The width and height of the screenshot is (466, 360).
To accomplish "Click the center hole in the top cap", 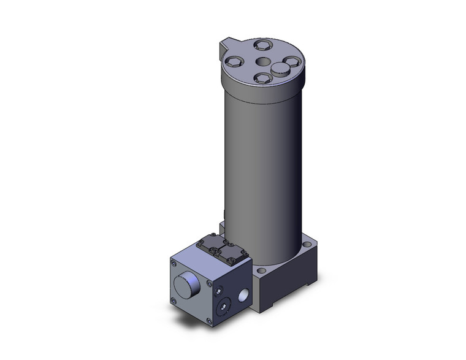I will click(x=262, y=61).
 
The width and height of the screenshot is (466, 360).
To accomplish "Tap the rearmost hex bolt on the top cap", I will click(x=262, y=44).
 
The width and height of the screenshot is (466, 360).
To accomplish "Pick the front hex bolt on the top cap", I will click(x=262, y=78).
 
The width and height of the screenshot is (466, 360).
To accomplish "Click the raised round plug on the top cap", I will click(x=281, y=67).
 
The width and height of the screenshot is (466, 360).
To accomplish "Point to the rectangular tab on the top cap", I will click(x=226, y=46).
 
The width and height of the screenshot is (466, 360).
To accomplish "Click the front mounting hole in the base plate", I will click(x=262, y=270).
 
